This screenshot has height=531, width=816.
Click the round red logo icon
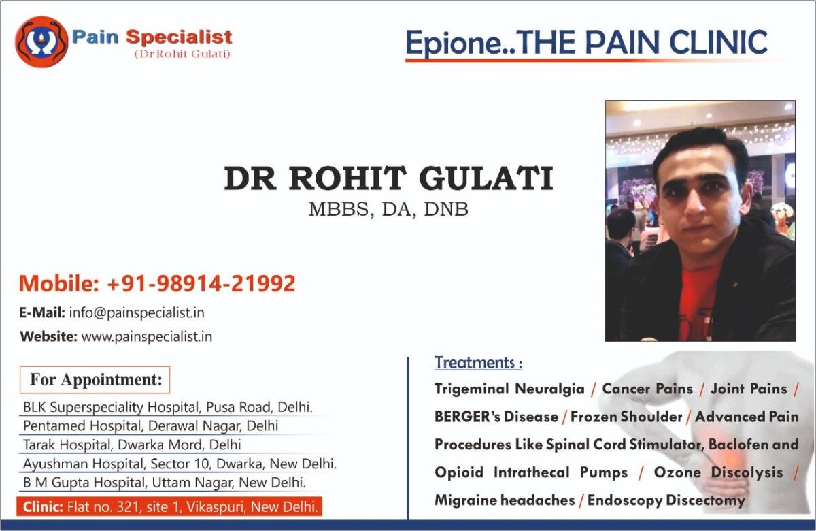pyautogui.click(x=41, y=42)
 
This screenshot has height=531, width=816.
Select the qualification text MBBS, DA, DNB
pyautogui.click(x=388, y=210)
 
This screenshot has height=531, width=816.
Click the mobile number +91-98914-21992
pyautogui.click(x=201, y=283)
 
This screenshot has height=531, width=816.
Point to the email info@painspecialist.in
pyautogui.click(x=137, y=313)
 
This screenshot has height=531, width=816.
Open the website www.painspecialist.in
pyautogui.click(x=146, y=336)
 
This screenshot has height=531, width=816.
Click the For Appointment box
pyautogui.click(x=95, y=380)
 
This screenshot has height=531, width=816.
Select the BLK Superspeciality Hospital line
pyautogui.click(x=167, y=407)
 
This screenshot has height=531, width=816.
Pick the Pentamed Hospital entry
pyautogui.click(x=150, y=425)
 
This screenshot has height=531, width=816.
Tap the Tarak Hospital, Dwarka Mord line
pyautogui.click(x=132, y=445)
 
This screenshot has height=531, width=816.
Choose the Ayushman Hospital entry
pyautogui.click(x=180, y=464)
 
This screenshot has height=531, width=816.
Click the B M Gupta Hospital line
pyautogui.click(x=165, y=483)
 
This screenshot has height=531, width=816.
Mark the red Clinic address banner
pyautogui.click(x=169, y=506)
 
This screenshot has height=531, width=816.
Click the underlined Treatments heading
pyautogui.click(x=478, y=363)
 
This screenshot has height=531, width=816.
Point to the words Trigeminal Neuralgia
pyautogui.click(x=509, y=389)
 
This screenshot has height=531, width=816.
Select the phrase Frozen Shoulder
pyautogui.click(x=626, y=417)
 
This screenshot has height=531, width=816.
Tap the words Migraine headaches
pyautogui.click(x=505, y=500)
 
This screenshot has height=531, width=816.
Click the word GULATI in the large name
pyautogui.click(x=486, y=178)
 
